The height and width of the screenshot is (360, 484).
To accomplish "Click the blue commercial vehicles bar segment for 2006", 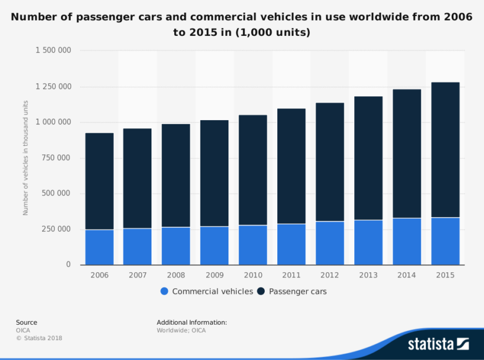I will tap(100, 247).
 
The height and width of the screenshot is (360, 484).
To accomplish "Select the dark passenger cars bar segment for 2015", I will tap(445, 150).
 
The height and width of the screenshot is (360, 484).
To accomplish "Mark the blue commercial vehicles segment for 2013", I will tap(368, 242).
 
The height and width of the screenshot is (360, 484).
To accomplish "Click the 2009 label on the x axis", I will tap(214, 275).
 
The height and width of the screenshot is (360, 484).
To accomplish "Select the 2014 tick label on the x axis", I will tap(407, 275).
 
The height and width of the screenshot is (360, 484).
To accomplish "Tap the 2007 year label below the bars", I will tap(137, 275).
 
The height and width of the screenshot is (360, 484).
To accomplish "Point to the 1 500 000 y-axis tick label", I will tap(53, 51).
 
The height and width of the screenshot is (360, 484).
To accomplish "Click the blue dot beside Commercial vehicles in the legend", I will tap(165, 292).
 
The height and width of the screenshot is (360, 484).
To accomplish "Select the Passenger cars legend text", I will tap(298, 292).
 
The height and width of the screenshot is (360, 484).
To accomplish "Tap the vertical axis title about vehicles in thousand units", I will tap(26, 158).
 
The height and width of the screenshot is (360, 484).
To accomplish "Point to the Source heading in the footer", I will tap(26, 322).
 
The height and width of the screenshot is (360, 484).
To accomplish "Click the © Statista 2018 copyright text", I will tap(39, 338).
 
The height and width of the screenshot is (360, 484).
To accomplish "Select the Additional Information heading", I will tap(192, 322).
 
